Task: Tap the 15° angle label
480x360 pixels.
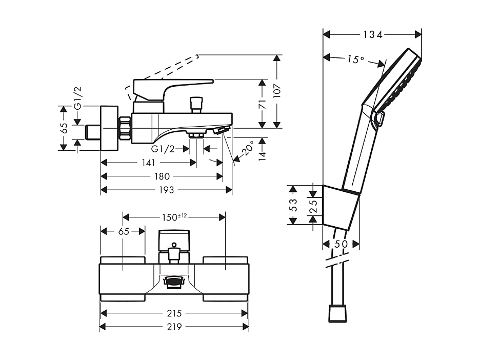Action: [354, 59]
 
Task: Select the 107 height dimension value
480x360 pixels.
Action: [277, 91]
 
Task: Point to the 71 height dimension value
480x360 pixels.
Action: [262, 104]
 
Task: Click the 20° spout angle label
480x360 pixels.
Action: [248, 149]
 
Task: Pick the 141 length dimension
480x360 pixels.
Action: [148, 163]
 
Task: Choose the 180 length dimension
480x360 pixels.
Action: [161, 176]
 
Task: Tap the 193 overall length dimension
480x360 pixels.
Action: [166, 190]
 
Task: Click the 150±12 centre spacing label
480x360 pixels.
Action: [174, 217]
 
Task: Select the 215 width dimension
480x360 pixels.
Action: [174, 313]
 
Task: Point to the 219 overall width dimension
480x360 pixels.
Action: [174, 327]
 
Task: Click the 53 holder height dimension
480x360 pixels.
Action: [293, 205]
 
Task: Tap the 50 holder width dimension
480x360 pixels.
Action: [341, 244]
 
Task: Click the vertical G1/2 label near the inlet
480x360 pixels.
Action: [77, 98]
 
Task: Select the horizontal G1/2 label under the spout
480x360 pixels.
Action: [163, 149]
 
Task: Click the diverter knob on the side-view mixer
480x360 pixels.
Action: [195, 104]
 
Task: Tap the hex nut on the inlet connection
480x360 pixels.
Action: [125, 128]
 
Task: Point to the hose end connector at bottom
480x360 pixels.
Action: [337, 313]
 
